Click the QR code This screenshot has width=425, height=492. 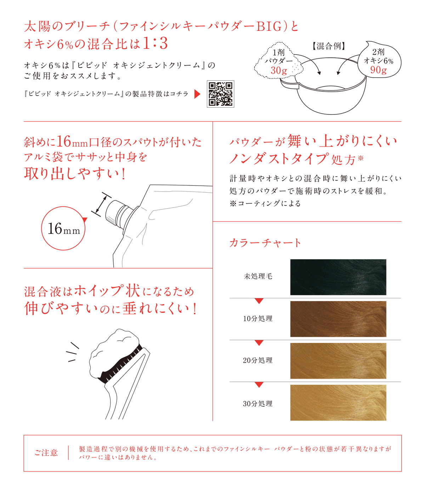click(220, 94)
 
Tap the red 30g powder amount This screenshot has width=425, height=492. click(279, 71)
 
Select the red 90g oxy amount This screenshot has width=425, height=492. click(378, 70)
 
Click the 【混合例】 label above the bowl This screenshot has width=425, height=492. click(329, 46)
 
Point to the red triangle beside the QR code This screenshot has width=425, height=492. click(197, 94)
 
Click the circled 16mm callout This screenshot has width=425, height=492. click(63, 228)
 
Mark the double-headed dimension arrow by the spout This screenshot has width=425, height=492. click(101, 205)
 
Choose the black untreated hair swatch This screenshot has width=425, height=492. click(338, 277)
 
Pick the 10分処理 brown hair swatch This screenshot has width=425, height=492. click(338, 319)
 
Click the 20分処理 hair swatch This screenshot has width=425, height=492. click(338, 361)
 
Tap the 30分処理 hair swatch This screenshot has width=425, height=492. click(338, 403)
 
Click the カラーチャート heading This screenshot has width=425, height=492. click(265, 243)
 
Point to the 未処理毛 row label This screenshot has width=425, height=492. click(258, 276)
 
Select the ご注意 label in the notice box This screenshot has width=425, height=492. click(46, 453)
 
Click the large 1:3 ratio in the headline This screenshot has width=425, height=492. click(155, 43)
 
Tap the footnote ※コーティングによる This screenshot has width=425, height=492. click(265, 204)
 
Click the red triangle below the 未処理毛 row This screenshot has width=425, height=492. click(259, 301)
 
